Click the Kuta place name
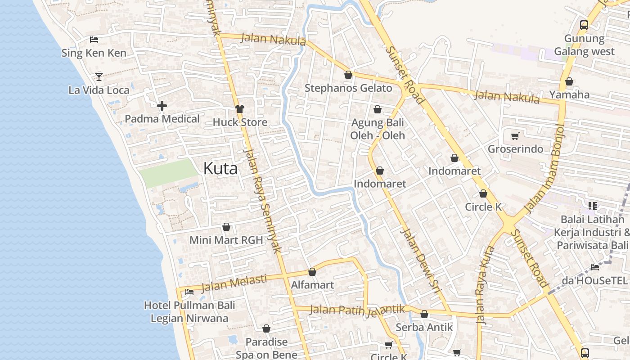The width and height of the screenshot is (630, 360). click(x=220, y=169)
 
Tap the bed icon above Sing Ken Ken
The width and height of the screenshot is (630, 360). click(x=94, y=40)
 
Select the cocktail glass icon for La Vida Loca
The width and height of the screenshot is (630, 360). click(x=99, y=76)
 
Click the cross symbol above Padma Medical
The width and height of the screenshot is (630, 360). click(x=162, y=106)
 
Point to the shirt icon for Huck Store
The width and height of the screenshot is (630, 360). click(x=240, y=109)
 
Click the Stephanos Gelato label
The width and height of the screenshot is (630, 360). click(x=348, y=88)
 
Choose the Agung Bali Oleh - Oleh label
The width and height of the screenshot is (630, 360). click(x=378, y=129)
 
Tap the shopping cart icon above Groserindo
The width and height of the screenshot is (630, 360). click(x=515, y=136)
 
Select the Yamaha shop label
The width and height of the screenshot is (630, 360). click(x=569, y=94)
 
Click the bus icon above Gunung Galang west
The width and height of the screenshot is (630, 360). click(x=584, y=25)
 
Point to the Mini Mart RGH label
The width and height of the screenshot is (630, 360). click(x=226, y=240)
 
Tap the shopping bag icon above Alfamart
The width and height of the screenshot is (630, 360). click(x=312, y=272)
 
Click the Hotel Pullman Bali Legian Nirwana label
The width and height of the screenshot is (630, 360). click(x=189, y=312)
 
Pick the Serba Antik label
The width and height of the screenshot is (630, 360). click(x=424, y=327)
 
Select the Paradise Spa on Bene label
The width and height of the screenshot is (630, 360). click(x=266, y=348)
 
